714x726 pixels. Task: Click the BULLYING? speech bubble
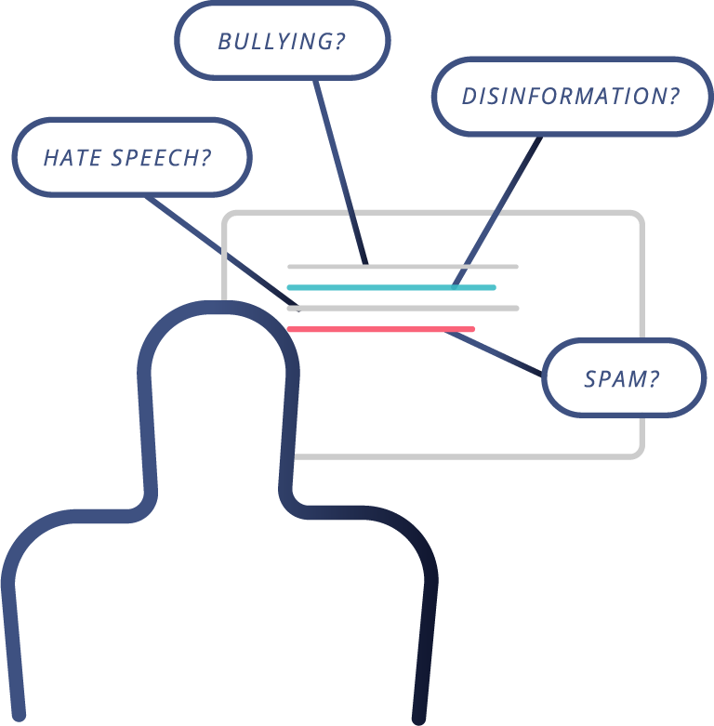tap(283, 42)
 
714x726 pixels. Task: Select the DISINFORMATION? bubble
tap(571, 97)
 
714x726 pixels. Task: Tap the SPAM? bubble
tap(623, 377)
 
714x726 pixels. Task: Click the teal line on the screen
tap(390, 287)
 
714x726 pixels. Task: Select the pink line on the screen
tap(381, 329)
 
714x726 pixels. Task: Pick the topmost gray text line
tap(403, 267)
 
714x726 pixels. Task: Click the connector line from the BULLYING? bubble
tap(339, 167)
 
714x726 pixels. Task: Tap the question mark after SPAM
tap(654, 378)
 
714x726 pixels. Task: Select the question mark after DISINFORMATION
tap(673, 97)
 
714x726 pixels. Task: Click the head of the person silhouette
tap(218, 372)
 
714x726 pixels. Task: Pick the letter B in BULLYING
tap(224, 42)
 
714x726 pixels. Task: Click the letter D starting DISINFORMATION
tap(469, 97)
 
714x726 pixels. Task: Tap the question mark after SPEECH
tap(205, 157)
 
